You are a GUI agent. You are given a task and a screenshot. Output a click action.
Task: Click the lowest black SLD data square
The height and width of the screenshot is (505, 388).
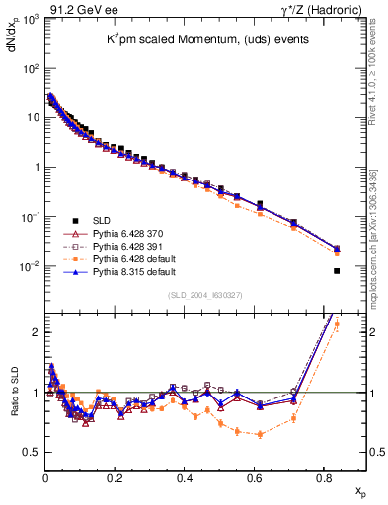[337, 271]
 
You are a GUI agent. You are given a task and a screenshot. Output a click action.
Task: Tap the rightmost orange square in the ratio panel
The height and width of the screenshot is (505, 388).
[337, 324]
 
